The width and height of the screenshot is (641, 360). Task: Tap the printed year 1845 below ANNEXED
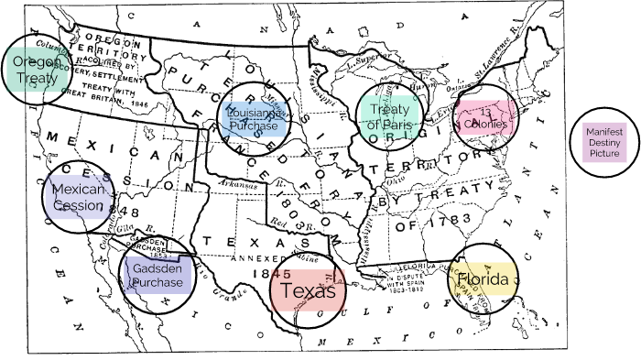pyautogui.click(x=276, y=273)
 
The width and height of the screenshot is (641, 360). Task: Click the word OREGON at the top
pyautogui.click(x=115, y=41)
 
